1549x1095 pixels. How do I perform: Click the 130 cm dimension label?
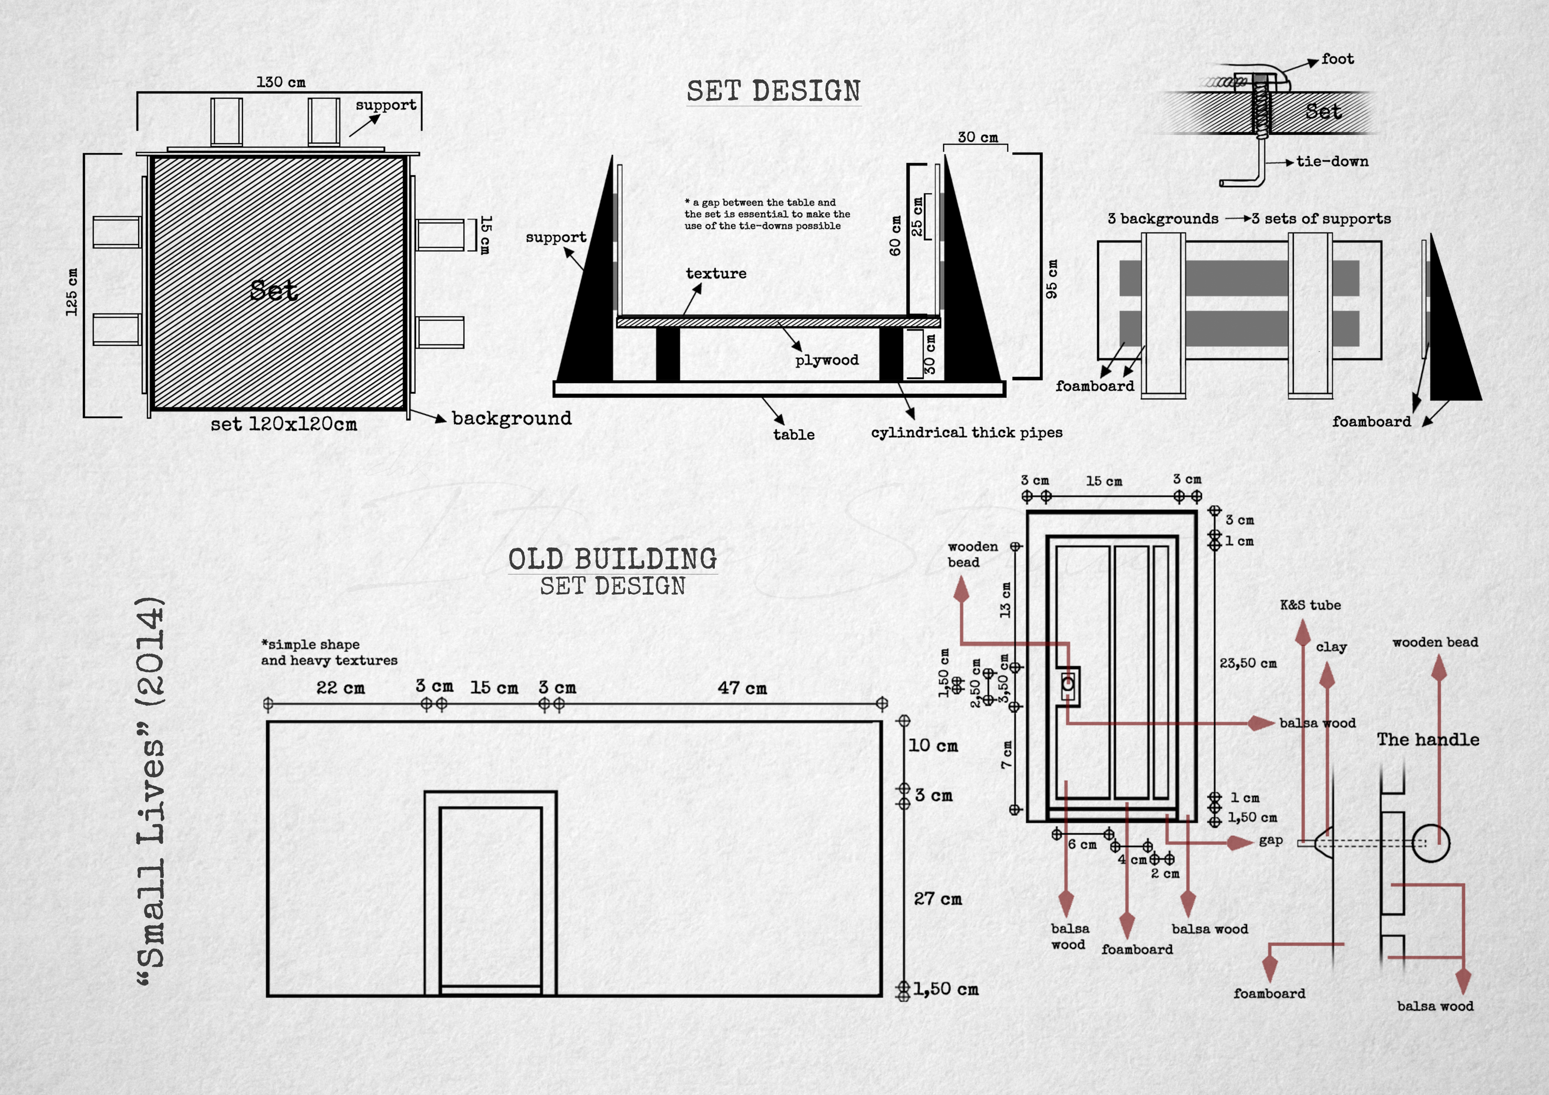point(281,82)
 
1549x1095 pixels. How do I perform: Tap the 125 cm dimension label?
point(72,292)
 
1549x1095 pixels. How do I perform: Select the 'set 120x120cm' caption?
point(283,424)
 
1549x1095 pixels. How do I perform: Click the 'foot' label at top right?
point(1337,59)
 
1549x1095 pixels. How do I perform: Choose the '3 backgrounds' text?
point(1163,219)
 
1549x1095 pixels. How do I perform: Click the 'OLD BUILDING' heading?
point(612,559)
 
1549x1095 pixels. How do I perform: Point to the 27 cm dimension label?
point(937,899)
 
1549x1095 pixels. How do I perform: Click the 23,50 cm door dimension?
point(1247,663)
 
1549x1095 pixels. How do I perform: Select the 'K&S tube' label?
point(1310,605)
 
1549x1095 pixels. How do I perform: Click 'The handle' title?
point(1428,740)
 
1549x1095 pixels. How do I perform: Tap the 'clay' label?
point(1331,647)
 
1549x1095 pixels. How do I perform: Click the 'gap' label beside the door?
point(1270,840)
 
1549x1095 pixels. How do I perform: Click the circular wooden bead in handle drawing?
point(1430,843)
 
